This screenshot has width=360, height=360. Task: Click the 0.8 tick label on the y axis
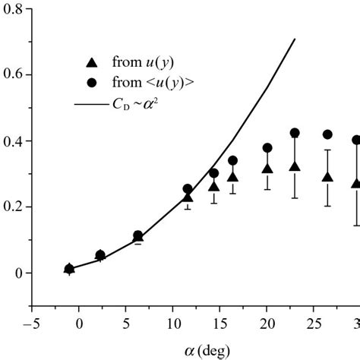13,10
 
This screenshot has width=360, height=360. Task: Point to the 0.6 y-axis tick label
13,76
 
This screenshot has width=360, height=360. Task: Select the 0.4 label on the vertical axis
13,141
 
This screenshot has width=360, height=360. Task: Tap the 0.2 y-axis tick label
13,207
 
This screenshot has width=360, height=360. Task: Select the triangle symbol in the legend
92,62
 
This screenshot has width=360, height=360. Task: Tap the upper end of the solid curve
295,39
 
